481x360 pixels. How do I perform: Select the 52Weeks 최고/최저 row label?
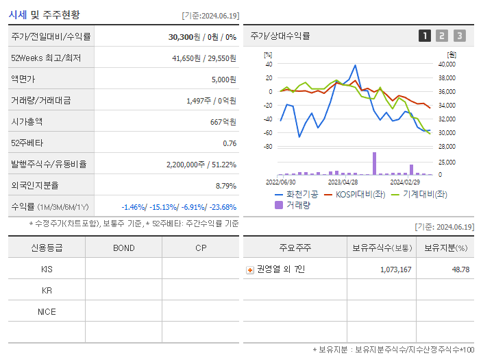[x=47, y=58]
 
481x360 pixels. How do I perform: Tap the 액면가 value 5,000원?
[x=223, y=80]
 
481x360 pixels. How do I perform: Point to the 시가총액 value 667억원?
[x=223, y=122]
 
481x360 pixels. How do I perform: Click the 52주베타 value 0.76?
[x=230, y=143]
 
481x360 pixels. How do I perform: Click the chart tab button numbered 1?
[x=425, y=36]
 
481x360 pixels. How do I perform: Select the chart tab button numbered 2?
[x=442, y=36]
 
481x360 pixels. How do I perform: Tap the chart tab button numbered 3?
[x=459, y=36]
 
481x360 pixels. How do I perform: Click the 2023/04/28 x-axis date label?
[x=343, y=182]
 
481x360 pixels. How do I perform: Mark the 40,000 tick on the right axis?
[x=447, y=64]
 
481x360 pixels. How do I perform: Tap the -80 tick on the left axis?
[x=268, y=147]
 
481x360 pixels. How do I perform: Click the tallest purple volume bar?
[x=374, y=163]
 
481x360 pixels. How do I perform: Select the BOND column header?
[x=123, y=248]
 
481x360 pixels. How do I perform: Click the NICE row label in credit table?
[x=47, y=311]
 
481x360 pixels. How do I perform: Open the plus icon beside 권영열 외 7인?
[x=249, y=269]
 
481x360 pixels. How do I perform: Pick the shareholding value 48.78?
[x=460, y=269]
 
